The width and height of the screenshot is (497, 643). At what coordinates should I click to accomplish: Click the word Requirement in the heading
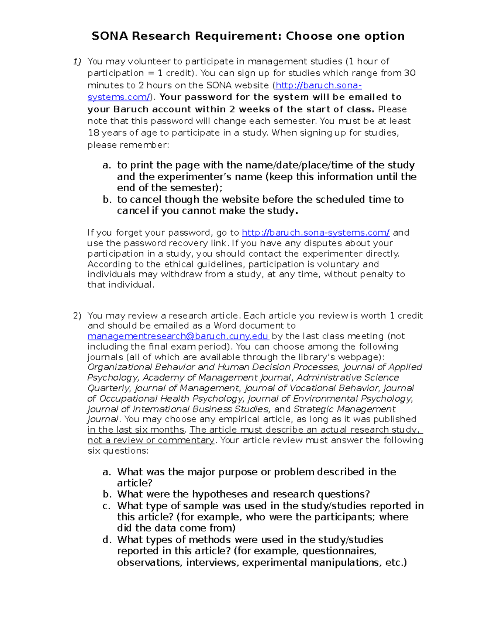237,36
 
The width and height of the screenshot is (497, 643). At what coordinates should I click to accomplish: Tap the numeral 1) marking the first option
77,62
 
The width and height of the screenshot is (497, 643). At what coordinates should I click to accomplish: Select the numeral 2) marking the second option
77,316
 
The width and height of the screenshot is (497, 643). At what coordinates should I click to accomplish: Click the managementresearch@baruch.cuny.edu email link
178,336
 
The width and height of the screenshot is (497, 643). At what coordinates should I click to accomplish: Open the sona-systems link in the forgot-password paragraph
315,233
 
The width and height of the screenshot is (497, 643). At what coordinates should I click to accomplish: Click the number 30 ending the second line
410,73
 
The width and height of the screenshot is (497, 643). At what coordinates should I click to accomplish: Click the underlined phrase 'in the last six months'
136,430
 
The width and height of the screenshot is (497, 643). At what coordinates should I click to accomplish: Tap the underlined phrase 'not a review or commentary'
151,440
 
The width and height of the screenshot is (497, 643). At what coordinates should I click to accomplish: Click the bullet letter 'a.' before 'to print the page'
107,165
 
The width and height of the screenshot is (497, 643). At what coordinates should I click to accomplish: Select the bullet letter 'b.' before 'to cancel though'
107,200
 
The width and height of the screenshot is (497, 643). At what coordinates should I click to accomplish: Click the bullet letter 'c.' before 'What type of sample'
107,506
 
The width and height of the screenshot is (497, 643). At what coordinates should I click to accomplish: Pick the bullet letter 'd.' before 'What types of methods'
107,540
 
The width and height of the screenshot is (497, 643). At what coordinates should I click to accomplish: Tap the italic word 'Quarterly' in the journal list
109,388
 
